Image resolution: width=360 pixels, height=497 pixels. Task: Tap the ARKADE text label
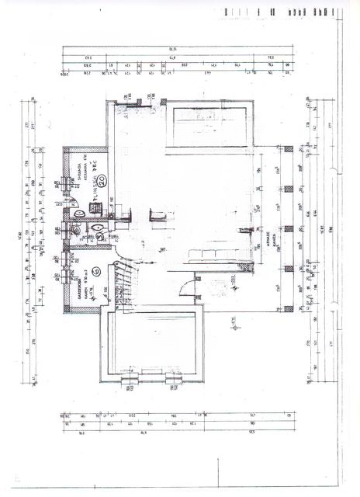(x=268, y=236)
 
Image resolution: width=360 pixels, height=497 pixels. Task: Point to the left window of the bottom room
(x=130, y=380)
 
